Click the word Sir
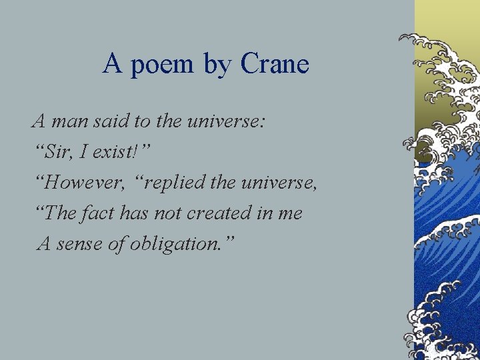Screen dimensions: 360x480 pos(60,153)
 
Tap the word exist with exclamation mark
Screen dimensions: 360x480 pos(121,153)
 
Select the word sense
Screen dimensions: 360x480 pos(79,244)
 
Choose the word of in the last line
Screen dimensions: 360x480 pos(116,244)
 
